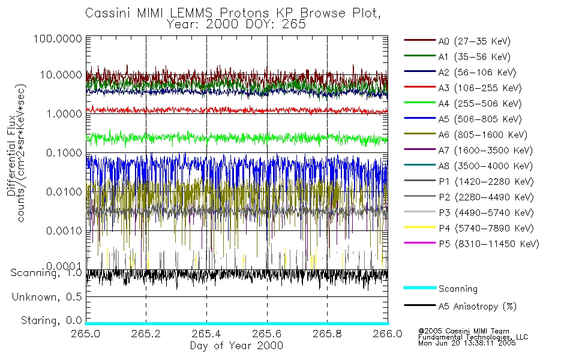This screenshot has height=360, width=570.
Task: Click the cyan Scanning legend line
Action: click(419, 289)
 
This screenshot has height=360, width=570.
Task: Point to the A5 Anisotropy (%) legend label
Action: click(477, 307)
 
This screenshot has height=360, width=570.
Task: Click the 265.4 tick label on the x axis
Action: click(206, 334)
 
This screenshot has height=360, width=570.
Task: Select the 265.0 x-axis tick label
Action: click(86, 334)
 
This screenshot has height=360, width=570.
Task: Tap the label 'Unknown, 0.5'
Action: click(47, 297)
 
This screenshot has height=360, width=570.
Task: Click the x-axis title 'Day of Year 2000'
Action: click(236, 346)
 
